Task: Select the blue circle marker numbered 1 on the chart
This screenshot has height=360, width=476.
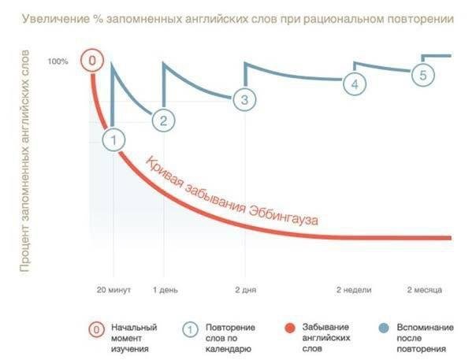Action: click(114, 139)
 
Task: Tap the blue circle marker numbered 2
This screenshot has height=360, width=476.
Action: click(163, 121)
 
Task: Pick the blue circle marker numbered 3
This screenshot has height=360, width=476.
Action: click(244, 99)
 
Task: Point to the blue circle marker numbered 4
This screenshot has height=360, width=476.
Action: click(354, 83)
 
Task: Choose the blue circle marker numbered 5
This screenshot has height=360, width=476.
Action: click(422, 75)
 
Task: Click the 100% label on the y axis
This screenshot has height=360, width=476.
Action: click(58, 61)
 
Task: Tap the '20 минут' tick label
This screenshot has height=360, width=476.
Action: click(113, 289)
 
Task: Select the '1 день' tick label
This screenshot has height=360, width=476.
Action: click(164, 289)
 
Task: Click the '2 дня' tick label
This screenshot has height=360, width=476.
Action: click(245, 289)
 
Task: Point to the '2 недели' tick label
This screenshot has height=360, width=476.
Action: click(354, 289)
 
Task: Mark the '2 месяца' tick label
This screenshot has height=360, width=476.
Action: click(423, 289)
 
